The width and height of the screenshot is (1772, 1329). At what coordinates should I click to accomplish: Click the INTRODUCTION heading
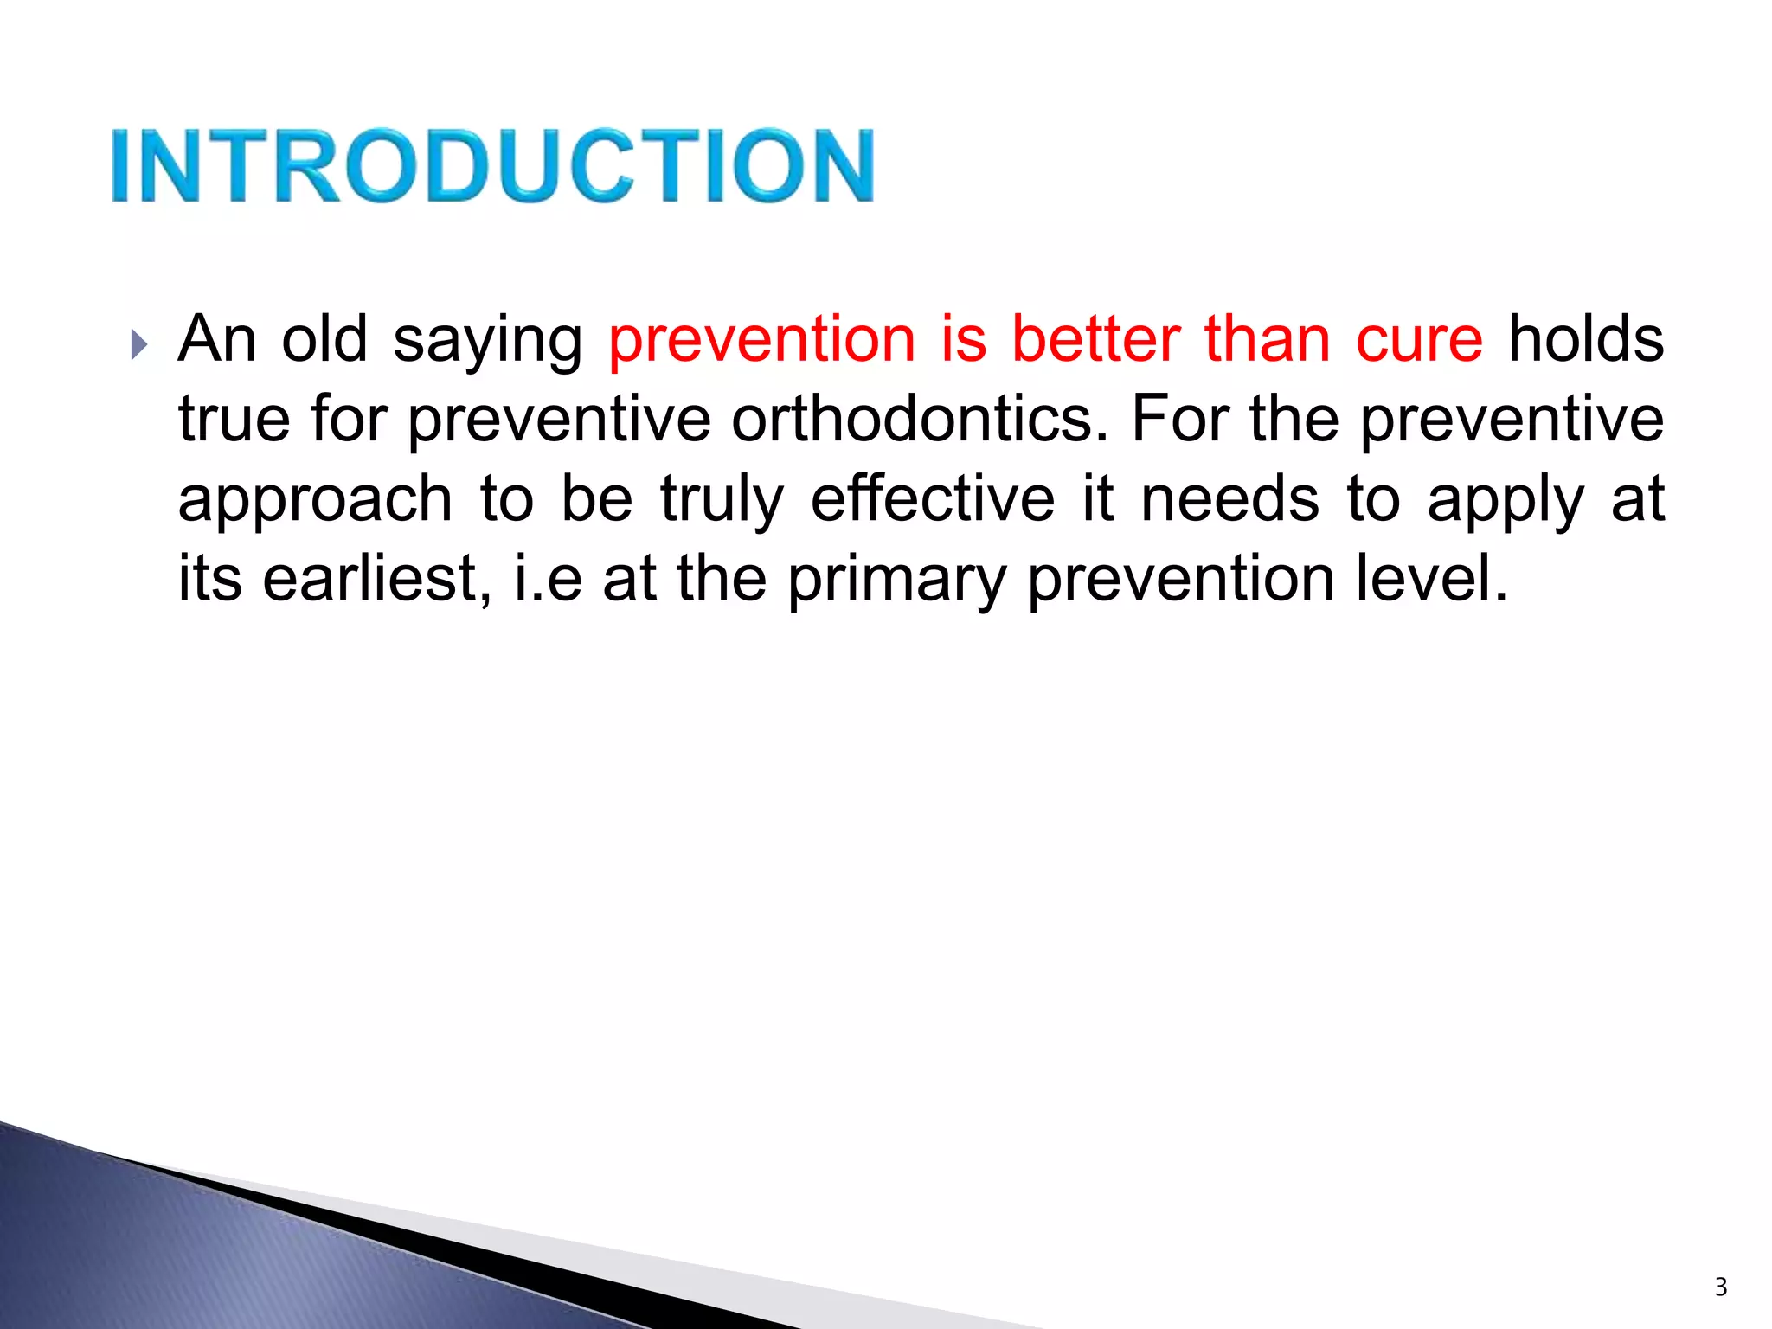click(492, 165)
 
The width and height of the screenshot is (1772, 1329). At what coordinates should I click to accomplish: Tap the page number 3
click(1721, 1287)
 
